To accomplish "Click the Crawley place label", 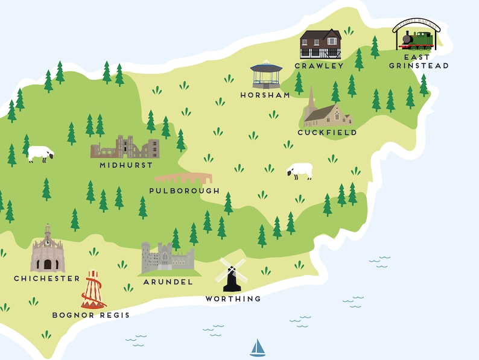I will click(319, 66).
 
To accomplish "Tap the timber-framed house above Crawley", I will click(320, 44).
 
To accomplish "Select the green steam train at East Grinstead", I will click(417, 39).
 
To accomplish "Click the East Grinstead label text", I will click(419, 62).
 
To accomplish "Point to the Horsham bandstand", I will click(266, 75).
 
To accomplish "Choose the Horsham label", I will click(265, 95).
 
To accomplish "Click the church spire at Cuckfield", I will click(311, 99).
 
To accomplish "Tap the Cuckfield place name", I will click(327, 133).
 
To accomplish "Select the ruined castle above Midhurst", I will click(125, 147).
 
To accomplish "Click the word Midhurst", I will click(126, 165).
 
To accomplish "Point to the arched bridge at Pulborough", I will click(183, 178).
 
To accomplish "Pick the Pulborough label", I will click(184, 191).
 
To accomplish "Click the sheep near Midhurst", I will click(40, 154).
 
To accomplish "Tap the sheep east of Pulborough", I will click(300, 171).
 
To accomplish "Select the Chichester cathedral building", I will click(48, 252).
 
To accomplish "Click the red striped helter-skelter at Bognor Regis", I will click(93, 290).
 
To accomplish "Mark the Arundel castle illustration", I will click(167, 259).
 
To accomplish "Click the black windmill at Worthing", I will click(232, 276).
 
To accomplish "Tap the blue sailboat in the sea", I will click(258, 348).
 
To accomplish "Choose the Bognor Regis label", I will click(90, 315).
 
